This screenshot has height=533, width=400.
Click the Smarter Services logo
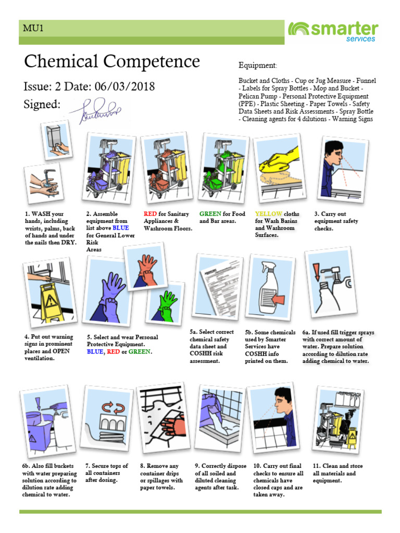[x=333, y=32]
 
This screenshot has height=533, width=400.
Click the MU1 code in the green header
[x=32, y=28]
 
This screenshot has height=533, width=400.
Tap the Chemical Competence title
[x=111, y=61]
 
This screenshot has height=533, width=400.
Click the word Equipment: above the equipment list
[x=258, y=66]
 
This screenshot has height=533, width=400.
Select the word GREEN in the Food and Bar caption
[x=210, y=214]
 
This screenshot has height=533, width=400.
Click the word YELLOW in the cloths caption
[x=269, y=214]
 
